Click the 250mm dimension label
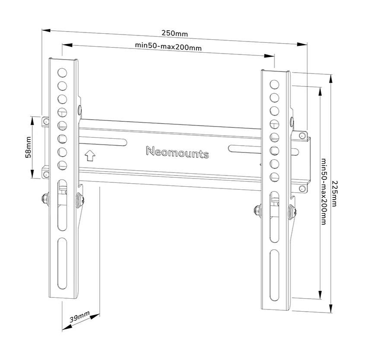pos(175,33)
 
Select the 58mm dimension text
pos(29,147)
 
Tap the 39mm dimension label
pos(79,317)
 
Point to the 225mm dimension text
pos(334,194)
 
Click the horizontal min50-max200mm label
pos(168,46)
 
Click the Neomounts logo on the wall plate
pos(178,152)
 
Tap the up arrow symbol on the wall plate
pos(90,156)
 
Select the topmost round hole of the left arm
pos(62,73)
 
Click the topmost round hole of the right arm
pos(274,85)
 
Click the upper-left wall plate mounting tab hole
pos(46,121)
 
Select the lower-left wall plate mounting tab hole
pos(45,174)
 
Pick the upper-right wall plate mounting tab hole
pos(302,136)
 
